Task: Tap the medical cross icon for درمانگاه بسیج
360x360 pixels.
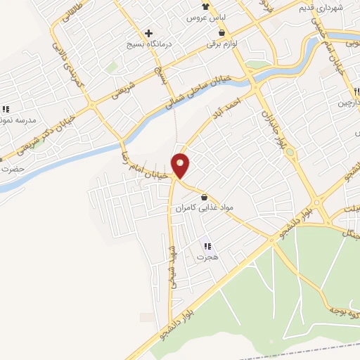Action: (x=149, y=33)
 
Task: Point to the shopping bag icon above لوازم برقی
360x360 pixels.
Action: (x=222, y=33)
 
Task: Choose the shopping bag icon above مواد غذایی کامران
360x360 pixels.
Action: (x=204, y=198)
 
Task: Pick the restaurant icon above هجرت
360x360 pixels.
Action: (x=207, y=246)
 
